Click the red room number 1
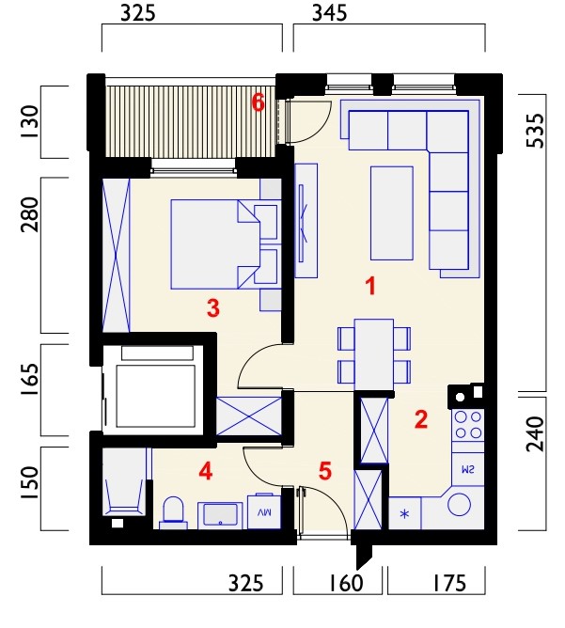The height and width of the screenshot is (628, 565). pyautogui.click(x=371, y=287)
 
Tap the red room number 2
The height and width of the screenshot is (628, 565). pyautogui.click(x=421, y=419)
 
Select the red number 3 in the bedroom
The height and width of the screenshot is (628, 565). pyautogui.click(x=213, y=308)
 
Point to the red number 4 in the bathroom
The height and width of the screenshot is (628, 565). pyautogui.click(x=206, y=471)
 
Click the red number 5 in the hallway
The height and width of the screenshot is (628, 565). pyautogui.click(x=325, y=471)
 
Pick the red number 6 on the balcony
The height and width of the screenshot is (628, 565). pyautogui.click(x=259, y=102)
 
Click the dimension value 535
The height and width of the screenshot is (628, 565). pyautogui.click(x=536, y=131)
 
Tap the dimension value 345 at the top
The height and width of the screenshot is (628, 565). pyautogui.click(x=330, y=13)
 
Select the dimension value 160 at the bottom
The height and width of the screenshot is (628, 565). pyautogui.click(x=346, y=583)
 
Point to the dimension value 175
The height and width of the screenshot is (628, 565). pyautogui.click(x=449, y=583)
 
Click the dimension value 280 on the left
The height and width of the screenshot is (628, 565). pyautogui.click(x=30, y=214)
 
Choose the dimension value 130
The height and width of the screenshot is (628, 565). pyautogui.click(x=30, y=122)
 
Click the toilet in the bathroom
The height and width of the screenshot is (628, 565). pyautogui.click(x=173, y=512)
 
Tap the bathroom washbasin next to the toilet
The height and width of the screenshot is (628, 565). pyautogui.click(x=220, y=515)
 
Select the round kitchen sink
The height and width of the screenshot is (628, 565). pyautogui.click(x=459, y=504)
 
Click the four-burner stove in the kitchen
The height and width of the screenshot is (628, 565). pyautogui.click(x=468, y=425)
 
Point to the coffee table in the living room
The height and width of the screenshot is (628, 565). pyautogui.click(x=392, y=213)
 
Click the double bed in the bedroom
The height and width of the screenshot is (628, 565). pyautogui.click(x=216, y=243)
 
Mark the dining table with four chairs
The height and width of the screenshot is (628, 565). pyautogui.click(x=374, y=354)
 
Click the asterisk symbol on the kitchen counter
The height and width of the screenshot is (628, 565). pyautogui.click(x=405, y=513)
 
